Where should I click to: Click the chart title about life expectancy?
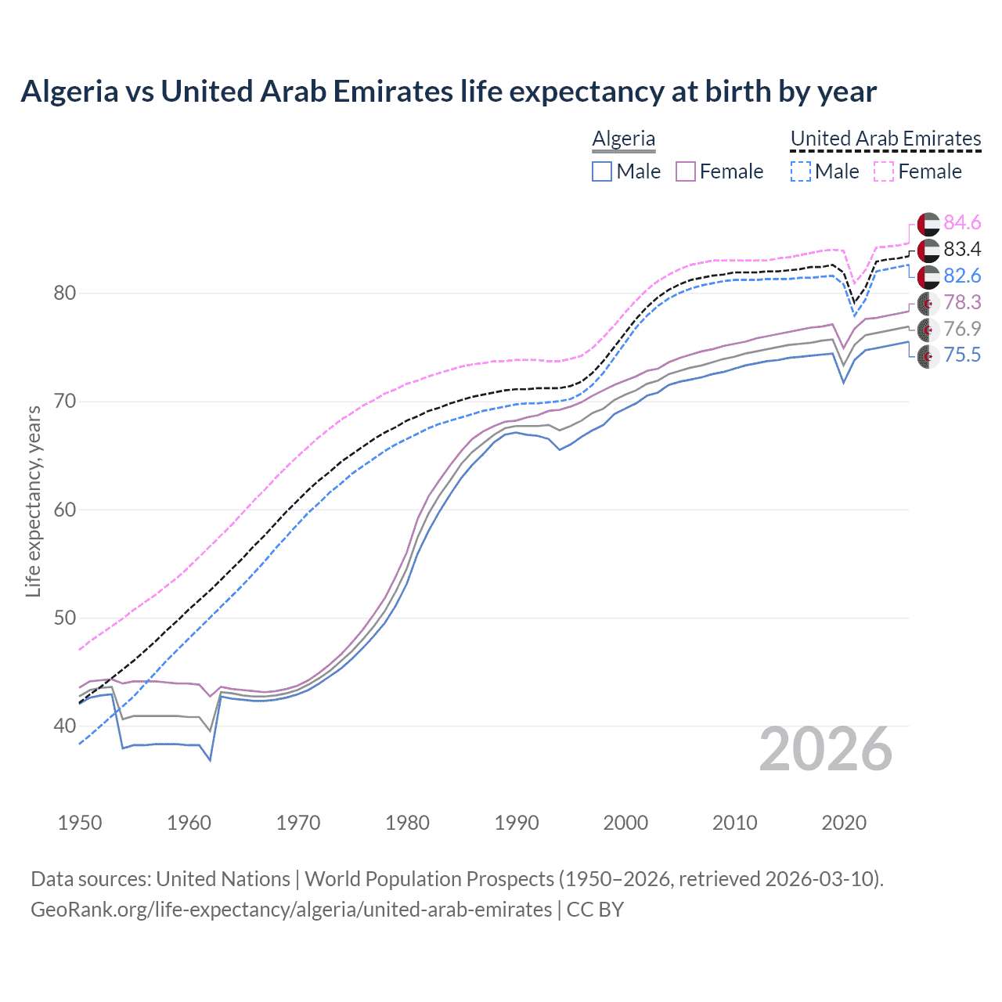coord(449,92)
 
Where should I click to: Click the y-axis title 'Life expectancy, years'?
coord(33,502)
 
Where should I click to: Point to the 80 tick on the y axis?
coord(65,294)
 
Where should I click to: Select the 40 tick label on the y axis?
coord(65,726)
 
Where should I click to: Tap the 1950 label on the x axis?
coord(80,823)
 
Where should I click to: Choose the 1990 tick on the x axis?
coord(517,823)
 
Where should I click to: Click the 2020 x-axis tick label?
coord(844,823)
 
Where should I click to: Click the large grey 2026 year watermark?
coord(826,749)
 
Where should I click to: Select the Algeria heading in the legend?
coord(624,139)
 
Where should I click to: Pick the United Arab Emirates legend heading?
coord(885,139)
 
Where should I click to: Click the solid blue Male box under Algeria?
coord(602,171)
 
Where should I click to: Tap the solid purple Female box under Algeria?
coord(686,171)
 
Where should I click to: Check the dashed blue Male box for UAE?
coord(801,171)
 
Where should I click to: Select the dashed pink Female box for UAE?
coord(884,171)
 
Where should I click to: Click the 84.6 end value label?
coord(962,223)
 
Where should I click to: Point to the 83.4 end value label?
coord(962,250)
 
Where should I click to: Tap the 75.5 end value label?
coord(962,355)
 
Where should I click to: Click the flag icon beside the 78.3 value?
coord(928,303)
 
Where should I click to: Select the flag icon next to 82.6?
coord(928,276)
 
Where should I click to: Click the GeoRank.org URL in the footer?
coord(291,910)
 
